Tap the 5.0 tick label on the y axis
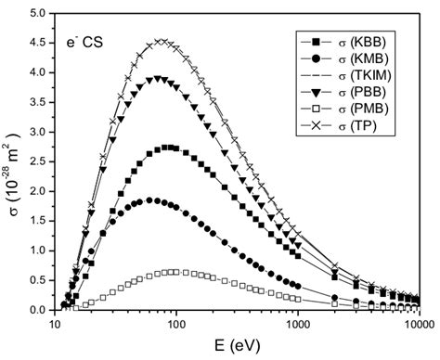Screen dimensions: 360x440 point(38,14)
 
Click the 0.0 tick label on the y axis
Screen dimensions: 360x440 point(38,310)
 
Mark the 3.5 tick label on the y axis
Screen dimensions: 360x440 point(38,102)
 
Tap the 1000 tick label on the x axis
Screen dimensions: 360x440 point(297,324)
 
